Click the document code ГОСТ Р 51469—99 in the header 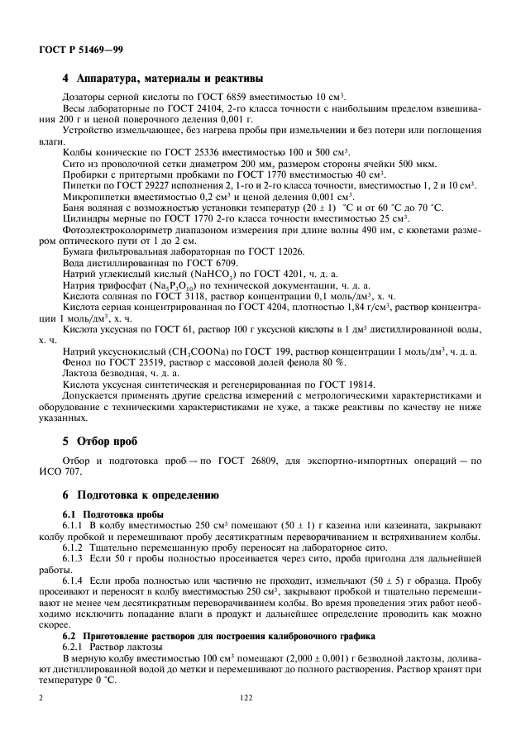coord(81,49)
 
